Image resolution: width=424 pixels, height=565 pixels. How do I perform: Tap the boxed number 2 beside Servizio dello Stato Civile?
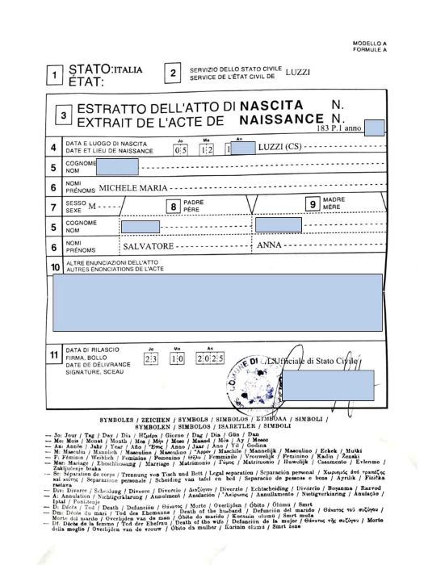click(174, 73)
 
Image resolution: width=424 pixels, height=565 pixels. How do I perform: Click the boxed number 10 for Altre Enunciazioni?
click(55, 266)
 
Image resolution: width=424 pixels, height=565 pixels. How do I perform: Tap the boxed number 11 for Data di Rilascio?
click(55, 355)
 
